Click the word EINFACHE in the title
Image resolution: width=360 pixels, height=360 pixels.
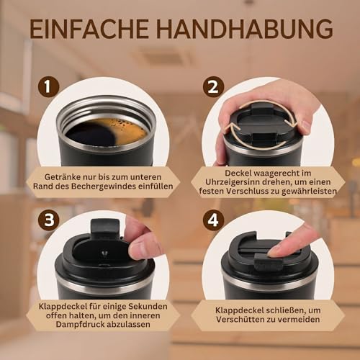[x=89, y=29]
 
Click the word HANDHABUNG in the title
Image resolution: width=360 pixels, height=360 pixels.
[x=245, y=29]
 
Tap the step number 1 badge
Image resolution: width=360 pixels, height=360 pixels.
[x=48, y=86]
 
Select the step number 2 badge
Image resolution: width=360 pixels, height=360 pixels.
[x=213, y=86]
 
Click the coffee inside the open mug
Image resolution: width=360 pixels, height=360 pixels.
[x=107, y=132]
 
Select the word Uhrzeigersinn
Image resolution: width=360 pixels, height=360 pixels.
[x=232, y=182]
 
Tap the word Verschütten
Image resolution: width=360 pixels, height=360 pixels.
[x=239, y=320]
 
